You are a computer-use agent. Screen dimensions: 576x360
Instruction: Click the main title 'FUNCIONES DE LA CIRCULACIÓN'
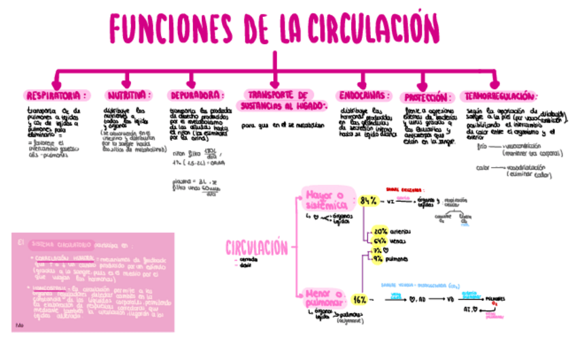coord(274,28)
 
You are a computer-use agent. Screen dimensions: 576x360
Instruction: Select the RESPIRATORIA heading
coord(56,95)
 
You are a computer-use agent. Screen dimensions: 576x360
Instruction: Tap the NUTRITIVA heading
coord(127,95)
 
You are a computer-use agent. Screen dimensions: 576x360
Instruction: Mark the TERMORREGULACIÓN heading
coord(500,96)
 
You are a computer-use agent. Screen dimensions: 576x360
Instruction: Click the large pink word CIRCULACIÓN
coord(257,249)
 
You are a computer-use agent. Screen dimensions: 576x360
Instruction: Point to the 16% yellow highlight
coord(360,300)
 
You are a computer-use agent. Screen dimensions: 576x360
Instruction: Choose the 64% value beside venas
coord(380,240)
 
